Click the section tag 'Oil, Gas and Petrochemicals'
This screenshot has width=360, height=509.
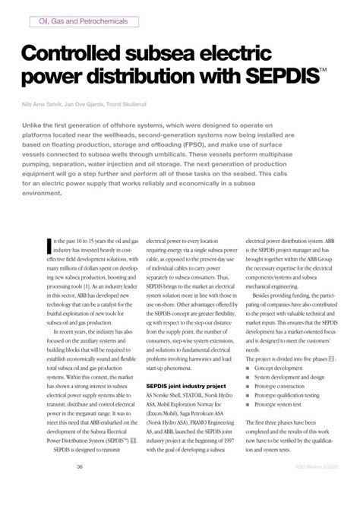pyautogui.click(x=83, y=22)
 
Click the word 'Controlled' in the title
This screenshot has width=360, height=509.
pyautogui.click(x=84, y=57)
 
